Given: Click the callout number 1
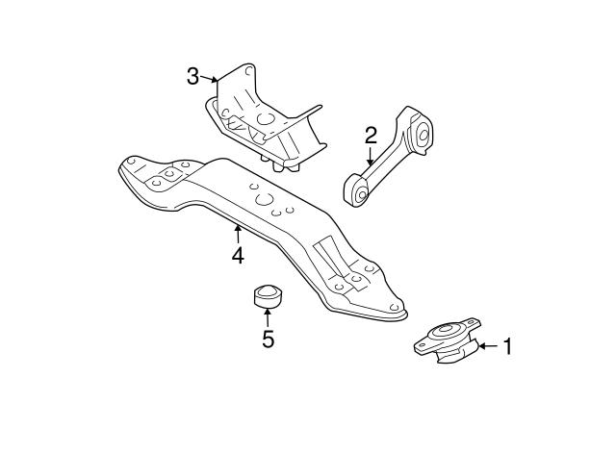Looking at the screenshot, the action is pyautogui.click(x=507, y=346).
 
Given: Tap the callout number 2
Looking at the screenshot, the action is pyautogui.click(x=371, y=136).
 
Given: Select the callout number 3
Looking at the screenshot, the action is pyautogui.click(x=192, y=76).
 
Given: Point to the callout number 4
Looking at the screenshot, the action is pyautogui.click(x=238, y=256).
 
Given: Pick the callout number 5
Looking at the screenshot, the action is pyautogui.click(x=268, y=340).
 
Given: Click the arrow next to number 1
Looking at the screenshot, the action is pyautogui.click(x=488, y=346).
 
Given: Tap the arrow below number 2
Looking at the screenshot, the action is pyautogui.click(x=370, y=156).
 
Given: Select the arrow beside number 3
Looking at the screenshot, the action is pyautogui.click(x=209, y=79).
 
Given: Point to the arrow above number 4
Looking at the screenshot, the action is pyautogui.click(x=238, y=234).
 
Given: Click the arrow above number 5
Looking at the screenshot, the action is pyautogui.click(x=268, y=318).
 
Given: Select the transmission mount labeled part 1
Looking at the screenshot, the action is pyautogui.click(x=448, y=340).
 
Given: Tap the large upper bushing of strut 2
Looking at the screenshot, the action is pyautogui.click(x=423, y=134).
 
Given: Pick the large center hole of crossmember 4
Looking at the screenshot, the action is pyautogui.click(x=264, y=199).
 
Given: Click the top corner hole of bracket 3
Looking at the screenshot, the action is pyautogui.click(x=248, y=71).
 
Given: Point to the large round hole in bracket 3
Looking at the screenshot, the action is pyautogui.click(x=266, y=118).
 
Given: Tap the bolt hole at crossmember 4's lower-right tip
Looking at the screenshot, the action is pyautogui.click(x=395, y=308).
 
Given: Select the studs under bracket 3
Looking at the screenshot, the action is pyautogui.click(x=280, y=164).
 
